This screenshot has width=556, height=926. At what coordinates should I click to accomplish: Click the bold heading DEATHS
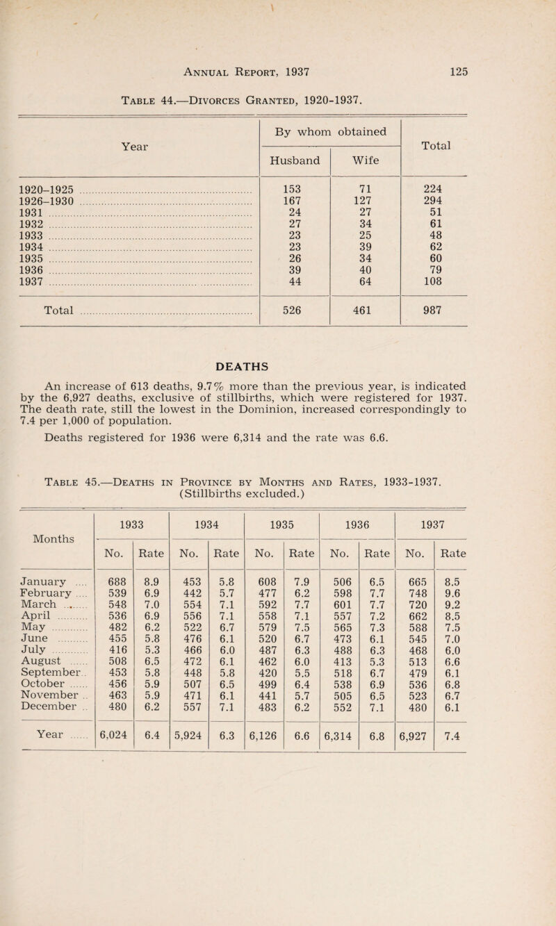(x=277, y=361)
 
